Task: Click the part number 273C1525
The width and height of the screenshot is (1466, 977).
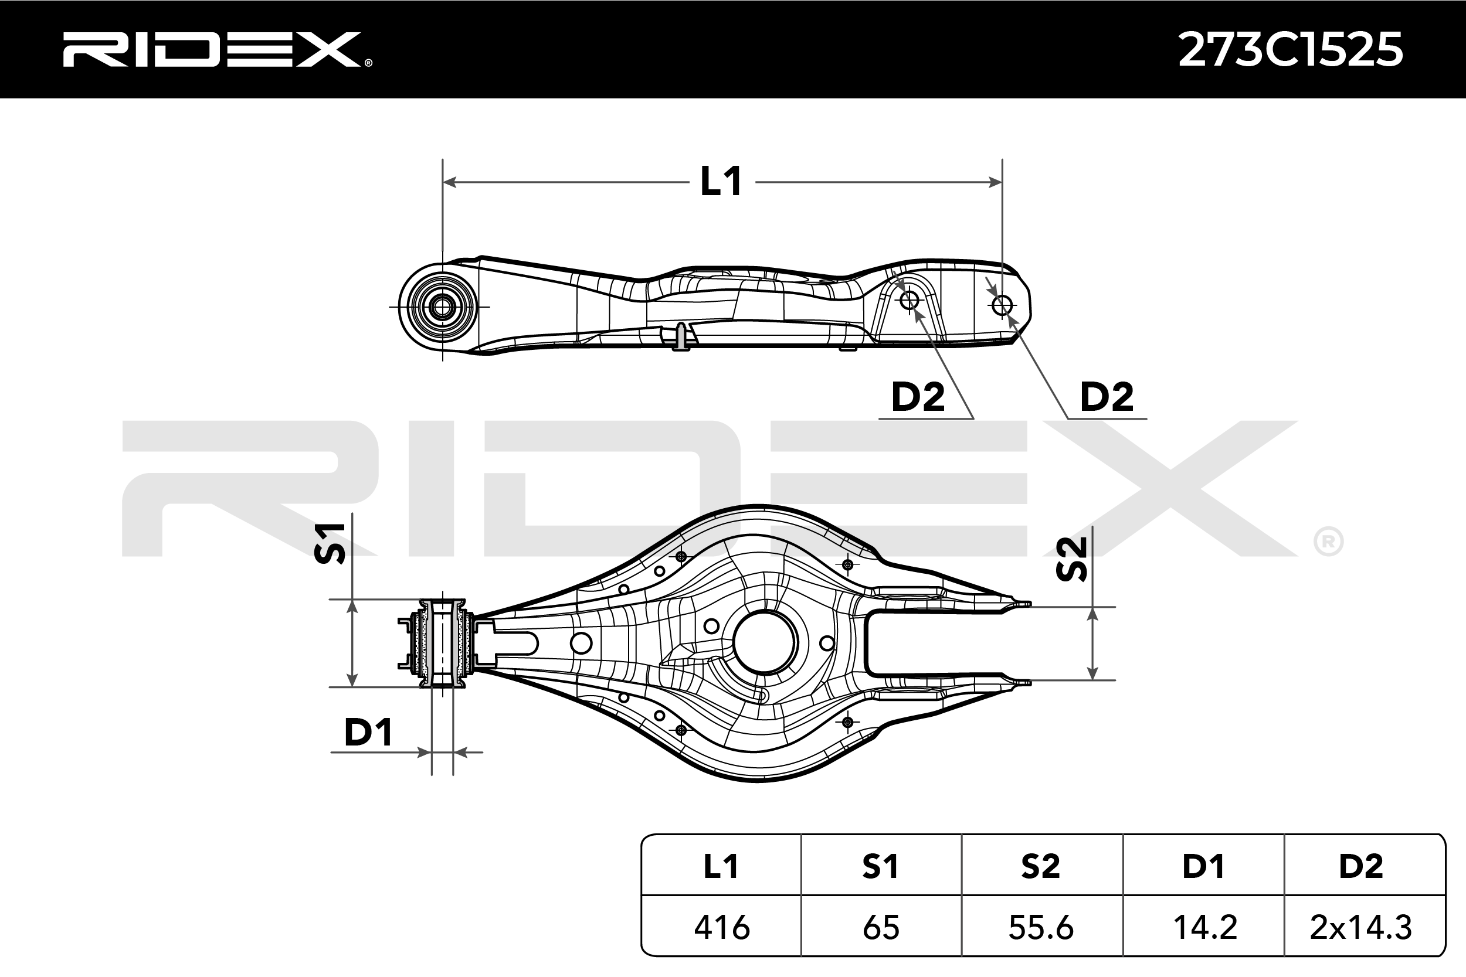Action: point(1290,50)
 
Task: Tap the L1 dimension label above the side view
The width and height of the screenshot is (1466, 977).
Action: point(721,182)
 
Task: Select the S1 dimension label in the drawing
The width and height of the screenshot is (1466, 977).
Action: point(330,543)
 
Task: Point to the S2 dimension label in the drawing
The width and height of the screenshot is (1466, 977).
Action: point(1072,559)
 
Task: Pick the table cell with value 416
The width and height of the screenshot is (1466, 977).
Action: point(721,928)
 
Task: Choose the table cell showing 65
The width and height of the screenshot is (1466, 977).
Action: point(881,928)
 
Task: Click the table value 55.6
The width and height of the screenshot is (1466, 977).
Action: point(1041,928)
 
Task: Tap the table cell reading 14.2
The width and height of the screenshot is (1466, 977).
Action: point(1204,928)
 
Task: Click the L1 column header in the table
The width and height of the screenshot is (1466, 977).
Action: point(721,867)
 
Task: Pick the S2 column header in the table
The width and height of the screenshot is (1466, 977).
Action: point(1041,867)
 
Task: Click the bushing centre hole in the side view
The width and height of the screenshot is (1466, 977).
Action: point(443,307)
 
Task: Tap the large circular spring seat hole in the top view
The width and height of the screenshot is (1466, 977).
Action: point(765,642)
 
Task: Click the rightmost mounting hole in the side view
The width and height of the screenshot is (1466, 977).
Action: point(1002,305)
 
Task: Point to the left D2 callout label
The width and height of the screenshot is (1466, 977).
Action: point(918,397)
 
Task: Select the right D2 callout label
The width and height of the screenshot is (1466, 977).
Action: point(1107,397)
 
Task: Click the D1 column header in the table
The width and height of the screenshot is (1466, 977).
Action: point(1204,867)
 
